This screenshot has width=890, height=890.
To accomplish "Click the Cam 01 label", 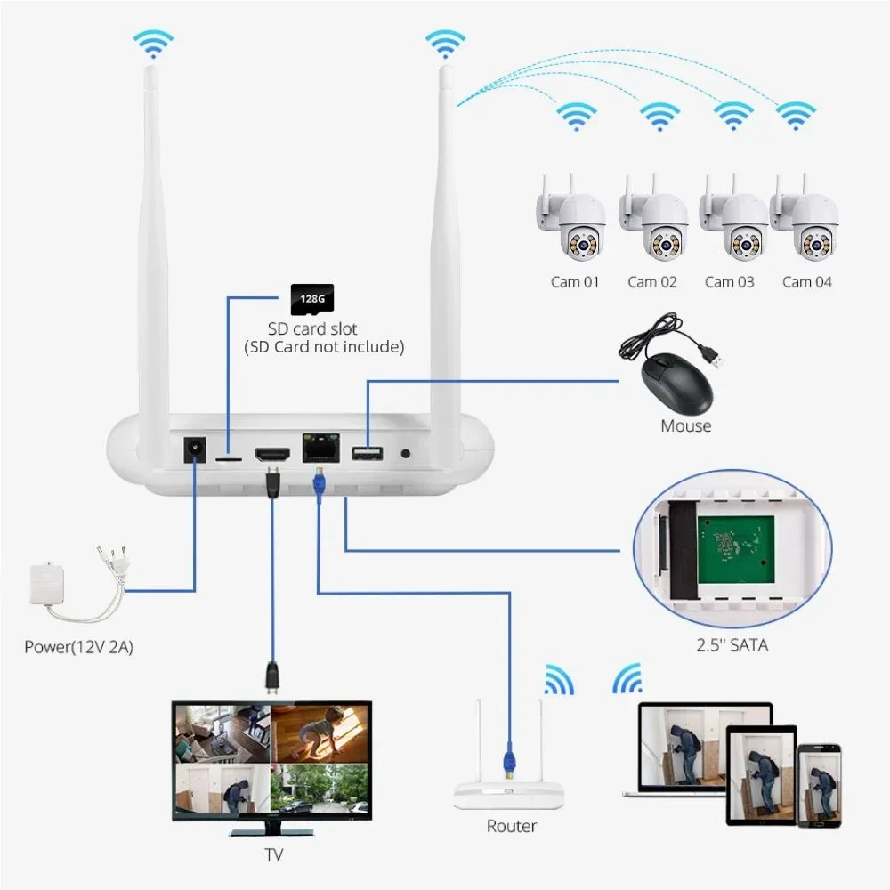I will coord(575,282).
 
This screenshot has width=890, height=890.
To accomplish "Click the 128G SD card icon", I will coord(311,299).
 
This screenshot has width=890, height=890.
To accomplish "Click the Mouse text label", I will coord(685,426).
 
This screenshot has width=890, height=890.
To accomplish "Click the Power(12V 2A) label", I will coord(79,647).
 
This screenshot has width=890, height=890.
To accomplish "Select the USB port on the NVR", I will coord(367,454).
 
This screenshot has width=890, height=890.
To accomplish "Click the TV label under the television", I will coord(273,855).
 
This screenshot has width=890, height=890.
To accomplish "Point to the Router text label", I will coord(512,827).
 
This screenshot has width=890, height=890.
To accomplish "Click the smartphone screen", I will coord(819,783).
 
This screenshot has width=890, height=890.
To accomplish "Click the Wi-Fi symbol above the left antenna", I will coord(153,42).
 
